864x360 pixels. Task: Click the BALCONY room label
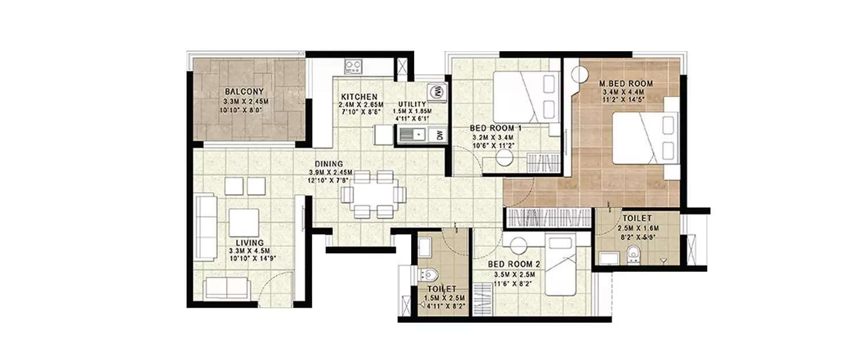point(244,92)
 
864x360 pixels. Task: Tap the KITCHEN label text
point(359,96)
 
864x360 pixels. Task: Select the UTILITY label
point(412,104)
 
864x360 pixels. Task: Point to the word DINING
point(329,164)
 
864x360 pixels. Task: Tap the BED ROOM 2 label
point(514,264)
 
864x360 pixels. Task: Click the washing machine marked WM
point(437,91)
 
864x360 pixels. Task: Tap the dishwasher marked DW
point(439,135)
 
